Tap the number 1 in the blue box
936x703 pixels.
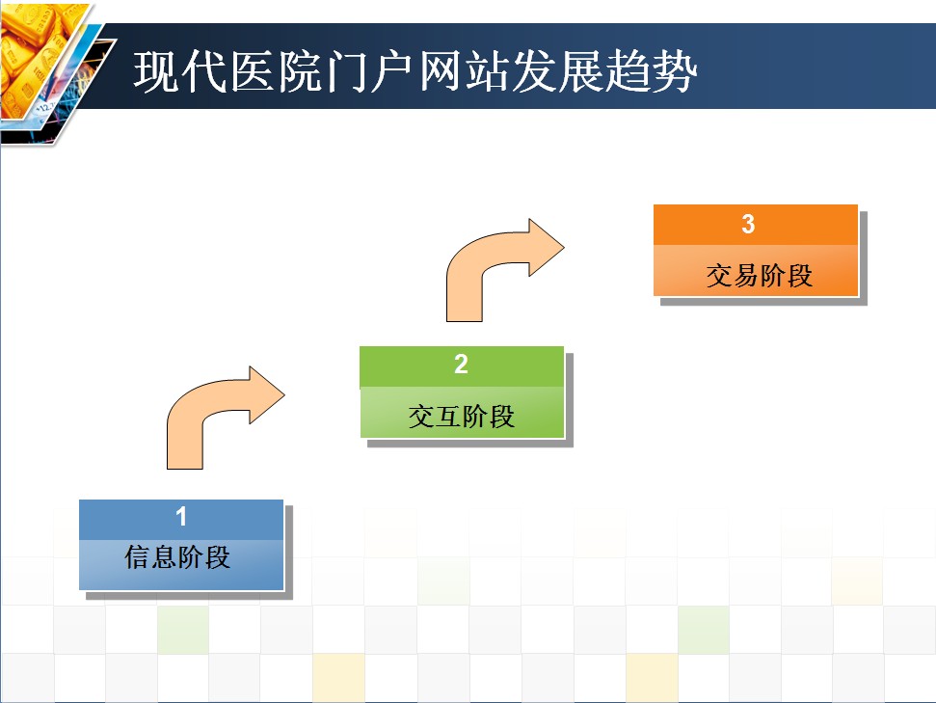[181, 517]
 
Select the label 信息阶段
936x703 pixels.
[177, 556]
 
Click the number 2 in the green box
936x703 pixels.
[461, 364]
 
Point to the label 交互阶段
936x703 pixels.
[461, 417]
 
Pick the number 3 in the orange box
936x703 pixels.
[748, 224]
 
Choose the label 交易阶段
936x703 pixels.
[760, 276]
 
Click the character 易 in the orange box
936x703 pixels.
[746, 276]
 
